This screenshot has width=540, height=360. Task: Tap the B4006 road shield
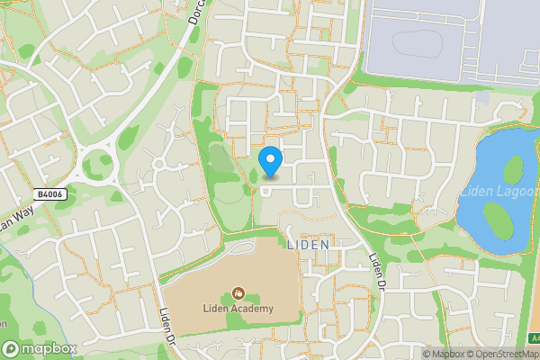pos(51,193)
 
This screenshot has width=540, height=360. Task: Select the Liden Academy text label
pos(238,309)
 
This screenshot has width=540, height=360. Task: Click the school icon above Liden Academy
pos(238,292)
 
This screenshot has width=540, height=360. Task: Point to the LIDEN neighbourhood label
pos(308,244)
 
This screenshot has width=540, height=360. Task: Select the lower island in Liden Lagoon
pos(496,218)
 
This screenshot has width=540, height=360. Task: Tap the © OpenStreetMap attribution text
pos(499,354)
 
